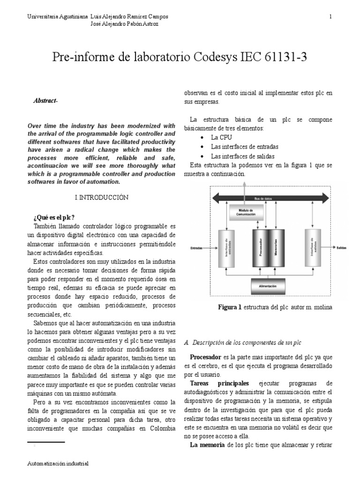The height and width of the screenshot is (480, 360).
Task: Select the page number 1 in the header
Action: tap(331, 17)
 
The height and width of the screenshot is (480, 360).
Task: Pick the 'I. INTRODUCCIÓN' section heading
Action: tap(101, 198)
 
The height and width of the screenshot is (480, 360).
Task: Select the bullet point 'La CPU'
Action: tap(222, 137)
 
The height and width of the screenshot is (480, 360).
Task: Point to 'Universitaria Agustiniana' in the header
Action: tap(58, 17)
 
